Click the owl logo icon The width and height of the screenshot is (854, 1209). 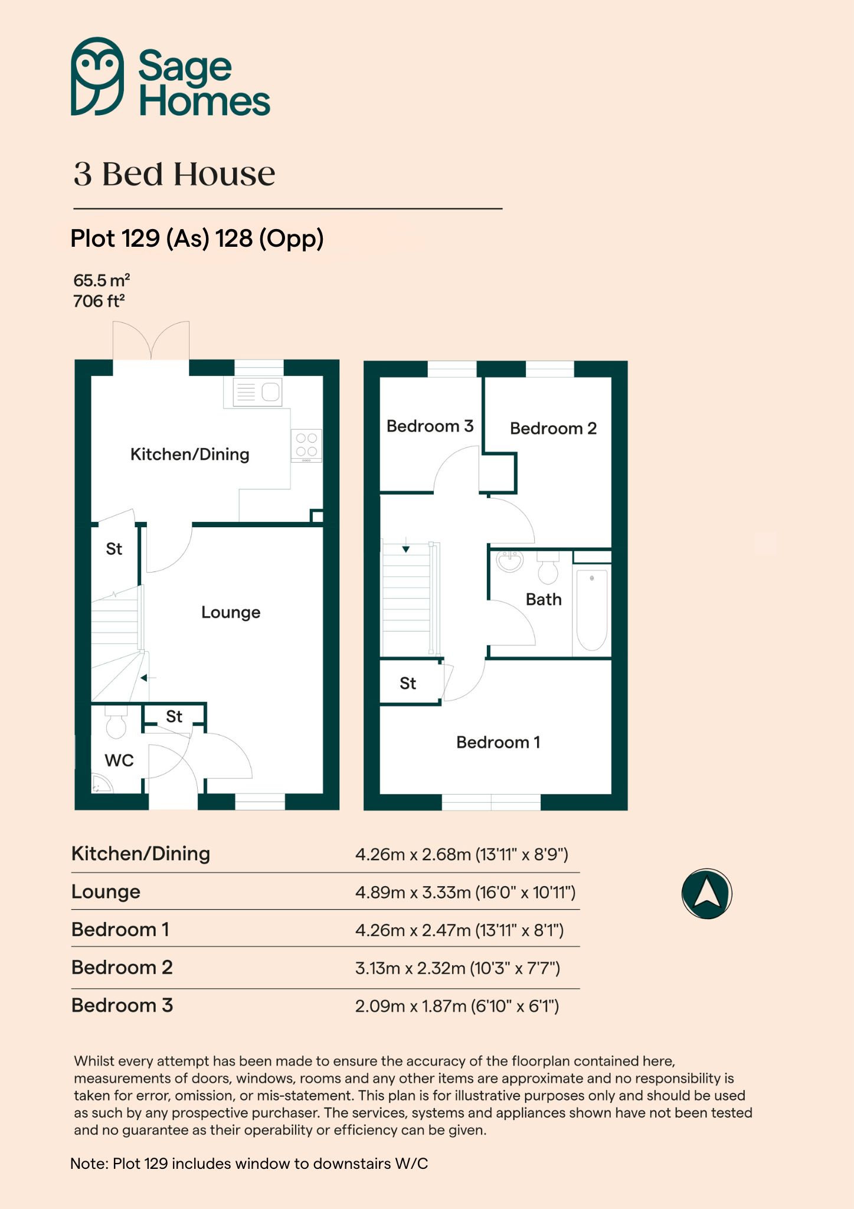pyautogui.click(x=97, y=76)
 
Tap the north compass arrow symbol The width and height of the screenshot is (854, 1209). pyautogui.click(x=706, y=893)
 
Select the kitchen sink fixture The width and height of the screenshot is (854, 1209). pyautogui.click(x=258, y=392)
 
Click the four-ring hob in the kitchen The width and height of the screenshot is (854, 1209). pyautogui.click(x=306, y=445)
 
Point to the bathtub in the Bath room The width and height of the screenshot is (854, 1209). pyautogui.click(x=592, y=610)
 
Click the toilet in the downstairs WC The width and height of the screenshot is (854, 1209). pyautogui.click(x=116, y=722)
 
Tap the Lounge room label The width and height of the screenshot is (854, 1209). pyautogui.click(x=231, y=612)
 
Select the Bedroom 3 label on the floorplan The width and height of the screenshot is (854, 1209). pyautogui.click(x=430, y=426)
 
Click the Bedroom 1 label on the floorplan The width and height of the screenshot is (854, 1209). pyautogui.click(x=498, y=742)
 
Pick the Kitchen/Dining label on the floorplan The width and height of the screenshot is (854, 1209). pyautogui.click(x=190, y=455)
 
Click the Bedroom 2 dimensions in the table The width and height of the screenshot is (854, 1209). pyautogui.click(x=457, y=968)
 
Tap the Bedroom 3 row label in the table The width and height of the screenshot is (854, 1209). pyautogui.click(x=122, y=1005)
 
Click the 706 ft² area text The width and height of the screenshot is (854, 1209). pyautogui.click(x=99, y=301)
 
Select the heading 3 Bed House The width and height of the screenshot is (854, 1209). pyautogui.click(x=175, y=174)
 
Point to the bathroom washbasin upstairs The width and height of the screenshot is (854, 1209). pyautogui.click(x=509, y=561)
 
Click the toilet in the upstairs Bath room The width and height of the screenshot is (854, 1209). pyautogui.click(x=548, y=567)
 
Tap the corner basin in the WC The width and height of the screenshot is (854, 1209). pyautogui.click(x=101, y=783)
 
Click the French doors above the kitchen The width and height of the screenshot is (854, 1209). pyautogui.click(x=151, y=341)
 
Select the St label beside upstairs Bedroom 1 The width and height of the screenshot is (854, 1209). pyautogui.click(x=408, y=684)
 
